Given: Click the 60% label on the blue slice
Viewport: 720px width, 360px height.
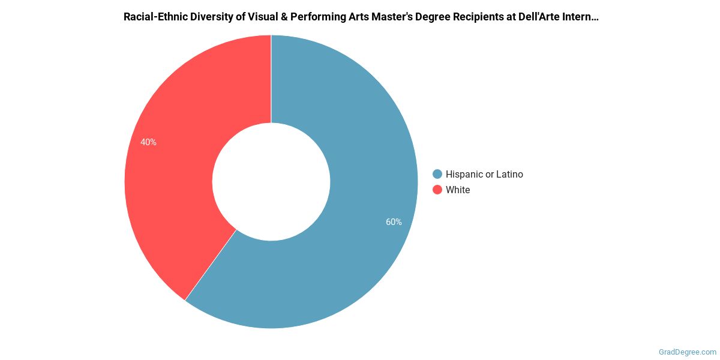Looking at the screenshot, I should click(394, 222).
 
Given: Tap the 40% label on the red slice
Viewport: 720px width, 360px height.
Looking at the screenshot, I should click(148, 142).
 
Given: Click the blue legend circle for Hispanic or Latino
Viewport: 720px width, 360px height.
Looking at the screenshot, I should click(437, 174).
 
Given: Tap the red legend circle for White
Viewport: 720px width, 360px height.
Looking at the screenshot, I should click(437, 190).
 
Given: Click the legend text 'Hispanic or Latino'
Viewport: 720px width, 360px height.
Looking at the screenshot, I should click(484, 174).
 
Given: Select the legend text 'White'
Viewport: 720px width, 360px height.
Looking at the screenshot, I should click(458, 190).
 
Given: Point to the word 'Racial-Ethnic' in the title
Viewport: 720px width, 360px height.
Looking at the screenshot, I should click(155, 17).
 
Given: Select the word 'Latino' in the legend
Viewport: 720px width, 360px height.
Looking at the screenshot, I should click(509, 174).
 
